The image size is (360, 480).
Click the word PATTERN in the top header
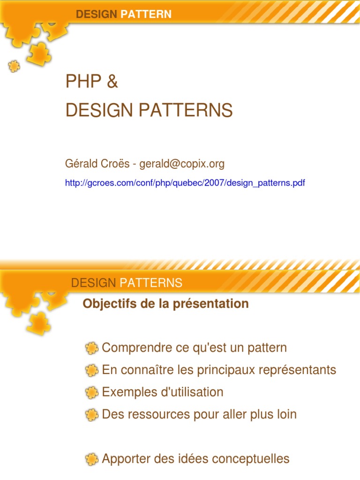[x=146, y=14]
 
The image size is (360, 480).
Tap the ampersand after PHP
[x=112, y=81]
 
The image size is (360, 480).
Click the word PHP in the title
[x=83, y=81]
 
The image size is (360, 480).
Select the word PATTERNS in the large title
[x=186, y=110]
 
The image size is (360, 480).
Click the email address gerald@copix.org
[x=182, y=164]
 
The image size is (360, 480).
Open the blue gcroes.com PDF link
[x=185, y=183]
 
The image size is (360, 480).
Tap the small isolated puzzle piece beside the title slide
[x=14, y=66]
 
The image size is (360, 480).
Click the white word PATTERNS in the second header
[x=150, y=283]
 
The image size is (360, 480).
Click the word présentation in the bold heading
[x=211, y=304]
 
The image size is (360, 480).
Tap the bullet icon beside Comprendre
[x=91, y=348]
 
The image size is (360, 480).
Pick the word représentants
[x=297, y=370]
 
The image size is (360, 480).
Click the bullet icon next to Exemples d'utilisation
[x=91, y=392]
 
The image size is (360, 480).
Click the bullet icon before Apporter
[x=91, y=459]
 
